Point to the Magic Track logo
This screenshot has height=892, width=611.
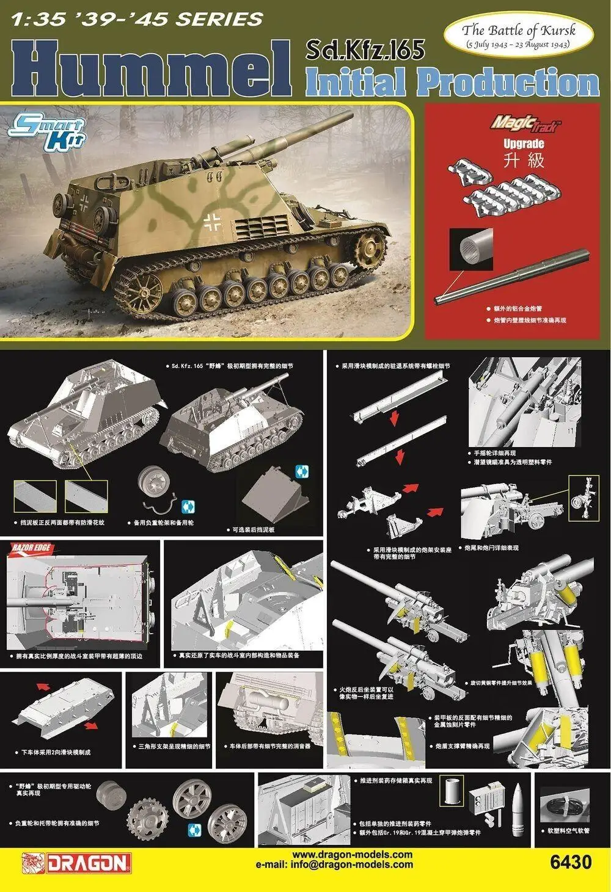click(x=524, y=123)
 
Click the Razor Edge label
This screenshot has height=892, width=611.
click(x=24, y=547)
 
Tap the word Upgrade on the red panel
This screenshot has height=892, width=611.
click(x=523, y=144)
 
